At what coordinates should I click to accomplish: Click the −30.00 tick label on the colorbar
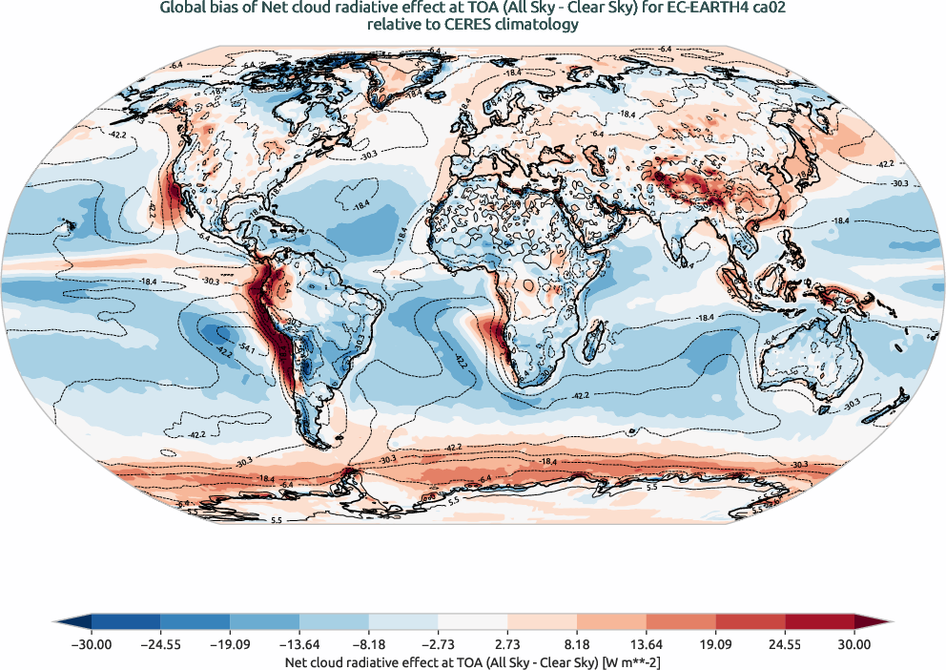coord(92,644)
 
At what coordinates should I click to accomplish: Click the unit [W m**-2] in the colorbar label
coord(628,660)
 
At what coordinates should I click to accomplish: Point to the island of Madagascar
coord(599,337)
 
